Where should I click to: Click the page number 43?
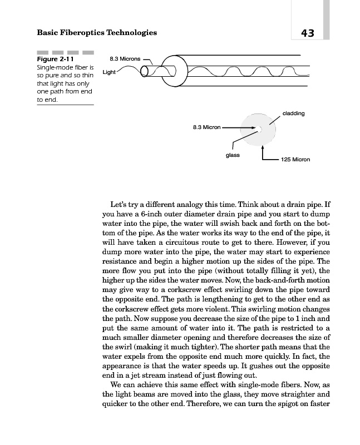[307, 33]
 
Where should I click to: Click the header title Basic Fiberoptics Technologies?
[96, 33]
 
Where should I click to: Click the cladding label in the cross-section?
[293, 113]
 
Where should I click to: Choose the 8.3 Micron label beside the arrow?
[206, 127]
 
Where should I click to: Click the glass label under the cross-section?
[232, 155]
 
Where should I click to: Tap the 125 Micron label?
[295, 160]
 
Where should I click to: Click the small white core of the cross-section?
[260, 128]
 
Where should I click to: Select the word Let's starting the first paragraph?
[121, 204]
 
